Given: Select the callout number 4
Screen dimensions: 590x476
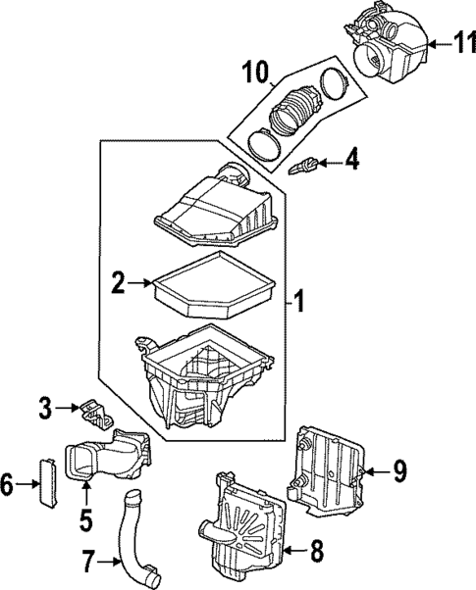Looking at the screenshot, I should (350, 158).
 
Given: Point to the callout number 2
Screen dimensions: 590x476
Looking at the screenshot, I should (117, 284).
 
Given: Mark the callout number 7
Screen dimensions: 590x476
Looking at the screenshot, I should (87, 563).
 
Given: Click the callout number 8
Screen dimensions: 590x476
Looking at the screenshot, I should (315, 552).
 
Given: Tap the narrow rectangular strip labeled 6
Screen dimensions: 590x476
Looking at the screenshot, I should (43, 479).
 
